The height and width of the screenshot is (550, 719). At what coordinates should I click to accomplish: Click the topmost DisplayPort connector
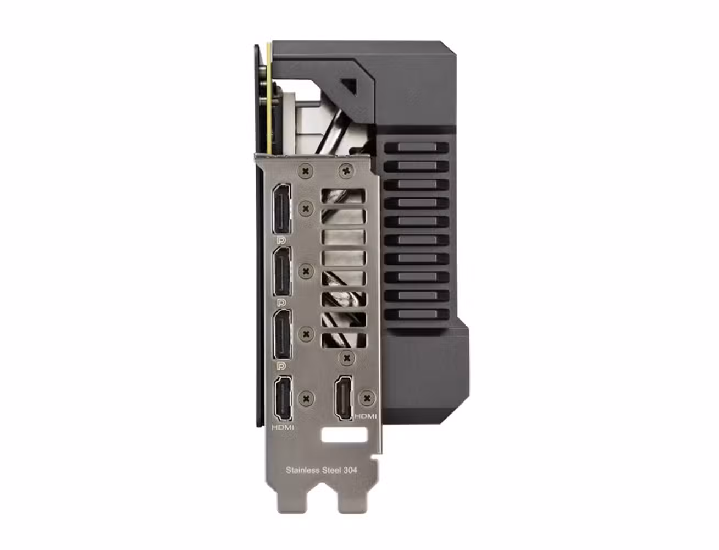click(x=281, y=209)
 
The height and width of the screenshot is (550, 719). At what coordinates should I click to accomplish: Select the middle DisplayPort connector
click(x=283, y=271)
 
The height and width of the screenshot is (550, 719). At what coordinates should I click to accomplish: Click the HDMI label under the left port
click(x=283, y=428)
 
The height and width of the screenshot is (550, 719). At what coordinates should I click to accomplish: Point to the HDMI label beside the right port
click(x=366, y=416)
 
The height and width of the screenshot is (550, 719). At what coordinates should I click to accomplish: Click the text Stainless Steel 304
click(x=322, y=470)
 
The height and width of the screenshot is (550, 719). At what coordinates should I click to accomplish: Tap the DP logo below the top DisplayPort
click(x=281, y=240)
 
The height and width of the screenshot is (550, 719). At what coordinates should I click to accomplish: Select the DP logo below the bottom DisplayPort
click(x=282, y=365)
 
